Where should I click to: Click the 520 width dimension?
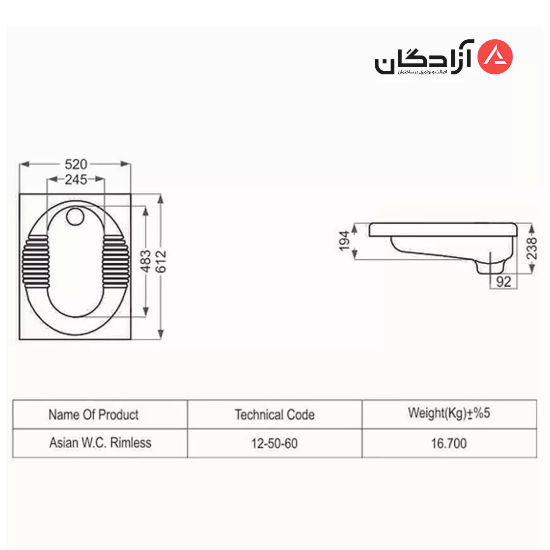(x=76, y=164)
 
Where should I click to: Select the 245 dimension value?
(x=76, y=179)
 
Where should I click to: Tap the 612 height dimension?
(x=161, y=262)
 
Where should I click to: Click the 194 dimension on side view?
(x=345, y=240)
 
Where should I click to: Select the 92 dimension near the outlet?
(x=503, y=281)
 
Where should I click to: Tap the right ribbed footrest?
(x=117, y=261)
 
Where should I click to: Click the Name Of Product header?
(x=94, y=415)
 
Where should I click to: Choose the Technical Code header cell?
(x=274, y=415)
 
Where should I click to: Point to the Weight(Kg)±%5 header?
(x=449, y=413)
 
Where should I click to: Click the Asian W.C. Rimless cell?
(x=100, y=443)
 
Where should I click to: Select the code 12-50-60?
(x=274, y=444)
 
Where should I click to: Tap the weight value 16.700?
(x=449, y=444)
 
